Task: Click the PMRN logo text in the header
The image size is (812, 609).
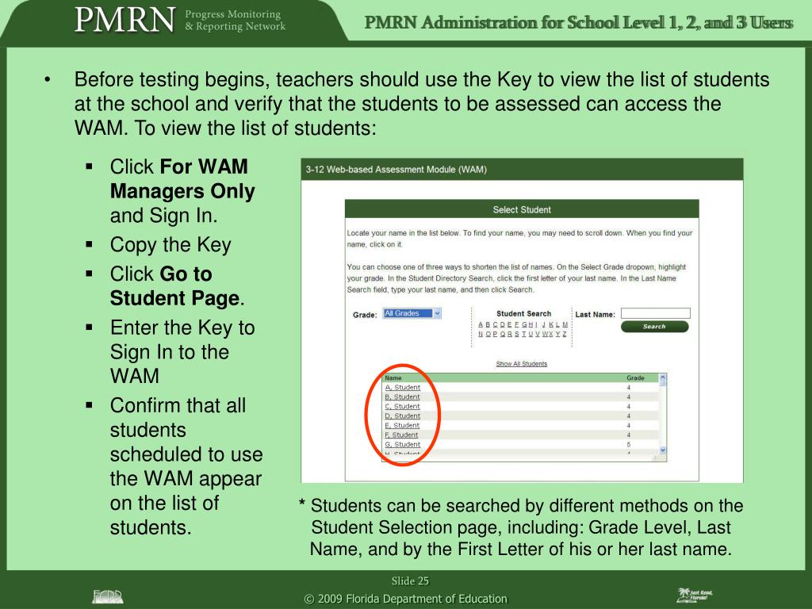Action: point(124,19)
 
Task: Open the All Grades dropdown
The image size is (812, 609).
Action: point(412,314)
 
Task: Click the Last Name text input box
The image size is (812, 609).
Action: point(655,313)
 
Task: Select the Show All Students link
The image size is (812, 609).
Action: point(521,364)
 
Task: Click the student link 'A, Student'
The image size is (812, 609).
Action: point(402,388)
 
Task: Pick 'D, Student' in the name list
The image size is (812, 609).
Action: point(402,416)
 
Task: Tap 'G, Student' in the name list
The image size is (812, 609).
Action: point(402,445)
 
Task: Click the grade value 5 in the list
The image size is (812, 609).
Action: point(629,445)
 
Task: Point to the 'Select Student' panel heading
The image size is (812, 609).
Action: point(521,209)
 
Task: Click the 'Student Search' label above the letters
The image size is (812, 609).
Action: point(523,314)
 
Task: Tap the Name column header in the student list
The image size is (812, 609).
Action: point(393,378)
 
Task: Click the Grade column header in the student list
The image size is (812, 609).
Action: point(635,378)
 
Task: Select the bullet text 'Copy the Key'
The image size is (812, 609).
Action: point(170,244)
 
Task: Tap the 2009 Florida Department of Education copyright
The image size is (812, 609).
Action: point(405,599)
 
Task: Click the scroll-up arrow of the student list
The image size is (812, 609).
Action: point(663,378)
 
